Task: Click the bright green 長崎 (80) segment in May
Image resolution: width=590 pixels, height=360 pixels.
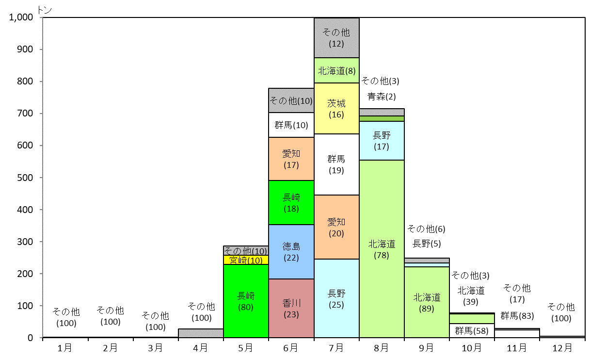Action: pyautogui.click(x=246, y=301)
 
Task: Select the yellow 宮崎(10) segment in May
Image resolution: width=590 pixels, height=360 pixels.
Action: pyautogui.click(x=246, y=260)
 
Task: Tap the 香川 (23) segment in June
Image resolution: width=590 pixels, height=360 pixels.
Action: pyautogui.click(x=291, y=308)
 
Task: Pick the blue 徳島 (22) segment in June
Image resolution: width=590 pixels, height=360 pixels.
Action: pyautogui.click(x=291, y=252)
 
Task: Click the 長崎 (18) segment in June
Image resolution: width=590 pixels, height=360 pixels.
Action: pyautogui.click(x=291, y=203)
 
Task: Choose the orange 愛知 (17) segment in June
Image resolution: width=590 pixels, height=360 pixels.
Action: pyautogui.click(x=291, y=159)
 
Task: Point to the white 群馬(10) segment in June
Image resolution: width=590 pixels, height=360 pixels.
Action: pyautogui.click(x=291, y=125)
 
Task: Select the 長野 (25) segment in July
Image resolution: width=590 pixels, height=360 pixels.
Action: pyautogui.click(x=336, y=298)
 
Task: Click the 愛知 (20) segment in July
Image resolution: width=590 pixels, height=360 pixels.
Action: pyautogui.click(x=336, y=227)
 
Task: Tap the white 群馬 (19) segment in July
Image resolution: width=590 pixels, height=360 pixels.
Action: pyautogui.click(x=336, y=164)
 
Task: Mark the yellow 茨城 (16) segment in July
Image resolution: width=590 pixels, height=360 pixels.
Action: pyautogui.click(x=336, y=108)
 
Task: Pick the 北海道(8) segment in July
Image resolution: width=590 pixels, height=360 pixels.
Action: pyautogui.click(x=336, y=70)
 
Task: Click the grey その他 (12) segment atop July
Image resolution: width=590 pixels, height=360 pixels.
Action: pyautogui.click(x=336, y=38)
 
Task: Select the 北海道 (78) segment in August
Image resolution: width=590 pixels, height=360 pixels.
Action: pyautogui.click(x=382, y=249)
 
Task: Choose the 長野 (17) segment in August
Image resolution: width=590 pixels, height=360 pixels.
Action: pyautogui.click(x=382, y=141)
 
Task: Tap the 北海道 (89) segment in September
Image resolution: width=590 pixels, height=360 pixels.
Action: pyautogui.click(x=427, y=302)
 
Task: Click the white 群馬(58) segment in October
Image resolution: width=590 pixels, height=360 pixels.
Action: pyautogui.click(x=472, y=330)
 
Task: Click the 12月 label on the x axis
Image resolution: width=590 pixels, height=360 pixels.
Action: pyautogui.click(x=562, y=348)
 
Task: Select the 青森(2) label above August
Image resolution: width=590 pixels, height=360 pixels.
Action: pyautogui.click(x=382, y=97)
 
